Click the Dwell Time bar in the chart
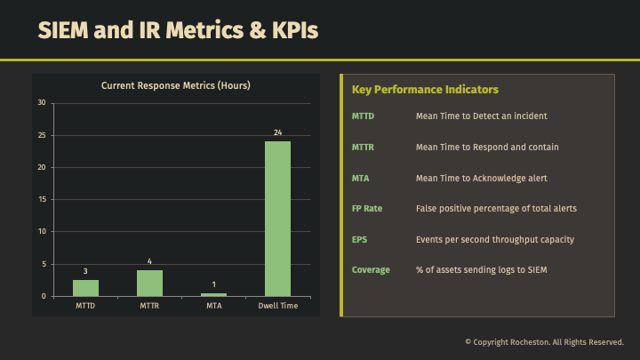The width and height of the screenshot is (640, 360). click(277, 219)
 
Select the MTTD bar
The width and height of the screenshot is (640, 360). click(85, 287)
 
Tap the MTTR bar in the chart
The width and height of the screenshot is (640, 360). click(149, 283)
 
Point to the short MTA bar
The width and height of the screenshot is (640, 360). click(213, 294)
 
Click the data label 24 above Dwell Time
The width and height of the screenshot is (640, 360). click(277, 132)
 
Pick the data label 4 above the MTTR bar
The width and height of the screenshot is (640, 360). click(149, 261)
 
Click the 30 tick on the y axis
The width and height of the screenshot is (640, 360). click(42, 103)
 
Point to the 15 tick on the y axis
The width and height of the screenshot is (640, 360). click(42, 199)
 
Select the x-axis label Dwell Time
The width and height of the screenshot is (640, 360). click(277, 307)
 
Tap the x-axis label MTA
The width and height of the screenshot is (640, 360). click(213, 307)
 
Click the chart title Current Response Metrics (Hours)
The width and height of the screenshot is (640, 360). click(175, 86)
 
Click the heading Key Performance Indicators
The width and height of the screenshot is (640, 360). click(425, 90)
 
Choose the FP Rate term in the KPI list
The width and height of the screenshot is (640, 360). click(367, 209)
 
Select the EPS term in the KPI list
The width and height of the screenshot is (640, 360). click(359, 239)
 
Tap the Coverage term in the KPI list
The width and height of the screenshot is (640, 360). click(371, 269)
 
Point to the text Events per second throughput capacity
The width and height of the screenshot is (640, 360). click(495, 239)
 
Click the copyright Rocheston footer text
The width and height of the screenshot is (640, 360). click(544, 341)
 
